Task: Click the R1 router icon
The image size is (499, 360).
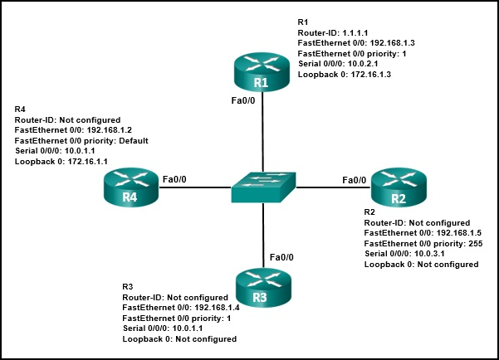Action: point(262,73)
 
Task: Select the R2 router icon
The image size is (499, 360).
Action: point(397,188)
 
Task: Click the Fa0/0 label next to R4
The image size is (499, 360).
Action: point(175,178)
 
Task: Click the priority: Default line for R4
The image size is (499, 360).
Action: point(81,141)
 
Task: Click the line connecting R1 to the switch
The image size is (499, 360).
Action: point(262,133)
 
